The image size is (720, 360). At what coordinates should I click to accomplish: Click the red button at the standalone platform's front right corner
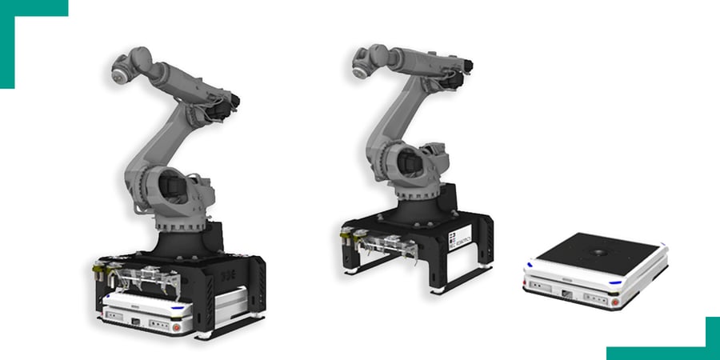[615, 302]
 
